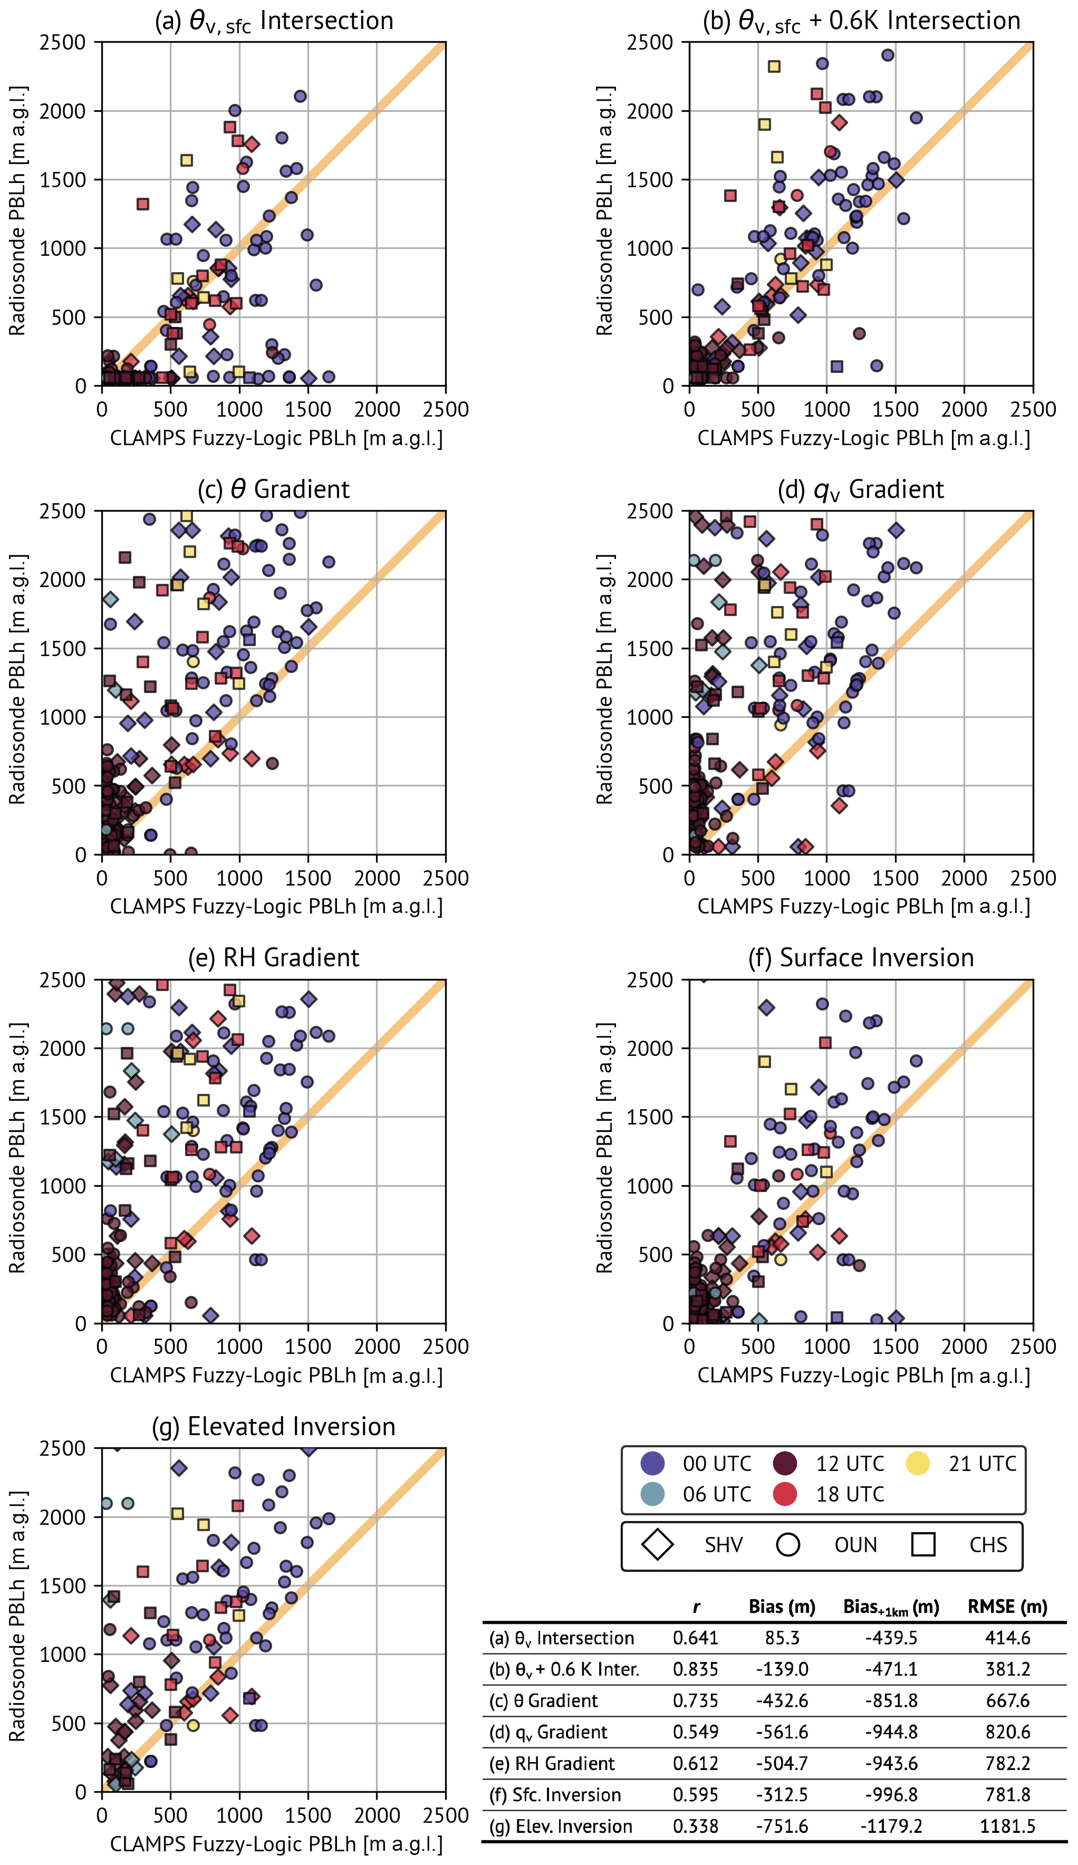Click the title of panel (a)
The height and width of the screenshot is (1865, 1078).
[273, 21]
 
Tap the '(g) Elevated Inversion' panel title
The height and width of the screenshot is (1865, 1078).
[273, 1426]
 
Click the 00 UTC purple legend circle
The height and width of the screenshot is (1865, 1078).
[652, 1463]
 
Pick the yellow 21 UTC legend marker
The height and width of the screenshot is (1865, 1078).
[918, 1463]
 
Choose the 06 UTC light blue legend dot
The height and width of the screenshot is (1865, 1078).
[652, 1494]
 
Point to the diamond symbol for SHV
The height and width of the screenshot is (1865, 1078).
[657, 1544]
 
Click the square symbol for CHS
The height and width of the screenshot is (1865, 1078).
[922, 1544]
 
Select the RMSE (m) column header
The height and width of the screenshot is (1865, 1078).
[1007, 1607]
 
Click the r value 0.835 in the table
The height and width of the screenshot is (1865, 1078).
[695, 1669]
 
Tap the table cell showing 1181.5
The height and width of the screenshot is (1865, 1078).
[1007, 1826]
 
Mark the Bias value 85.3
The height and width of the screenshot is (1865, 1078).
[782, 1638]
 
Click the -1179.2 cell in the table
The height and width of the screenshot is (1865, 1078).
[891, 1826]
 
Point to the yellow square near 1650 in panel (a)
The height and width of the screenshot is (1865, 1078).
[187, 160]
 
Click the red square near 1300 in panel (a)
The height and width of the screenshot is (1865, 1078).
[143, 204]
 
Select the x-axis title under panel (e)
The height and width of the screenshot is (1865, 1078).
[276, 1375]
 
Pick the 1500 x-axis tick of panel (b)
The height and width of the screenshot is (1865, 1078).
[895, 409]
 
